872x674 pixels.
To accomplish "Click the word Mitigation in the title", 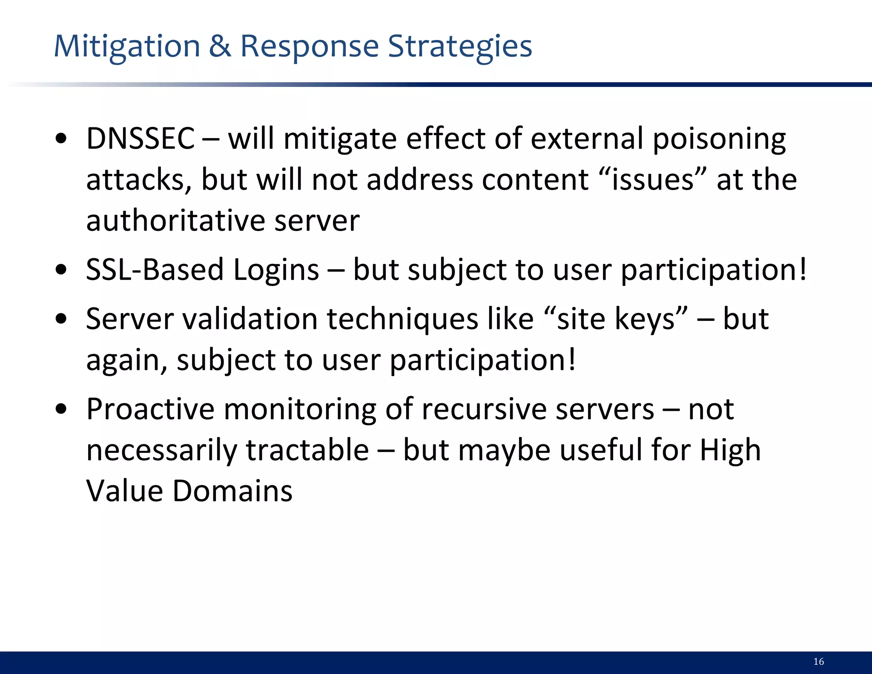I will click(x=127, y=46).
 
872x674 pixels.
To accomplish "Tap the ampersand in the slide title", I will click(x=220, y=46).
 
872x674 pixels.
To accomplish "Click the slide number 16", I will click(x=818, y=661).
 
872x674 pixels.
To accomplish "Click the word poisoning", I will click(x=719, y=139).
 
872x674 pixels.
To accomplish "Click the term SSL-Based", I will click(x=155, y=270).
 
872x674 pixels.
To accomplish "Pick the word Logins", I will click(x=276, y=271).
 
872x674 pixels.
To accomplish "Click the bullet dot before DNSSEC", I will click(x=61, y=139).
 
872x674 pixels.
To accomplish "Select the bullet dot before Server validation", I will click(x=61, y=319).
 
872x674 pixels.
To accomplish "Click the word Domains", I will click(x=232, y=491).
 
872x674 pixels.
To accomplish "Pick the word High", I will click(x=730, y=450).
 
